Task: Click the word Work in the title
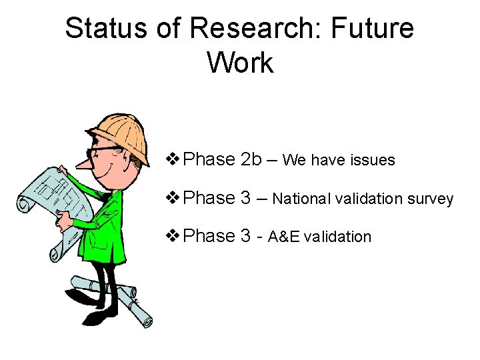240,63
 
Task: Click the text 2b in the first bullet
253,159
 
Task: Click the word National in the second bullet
300,199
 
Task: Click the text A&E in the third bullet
283,237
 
